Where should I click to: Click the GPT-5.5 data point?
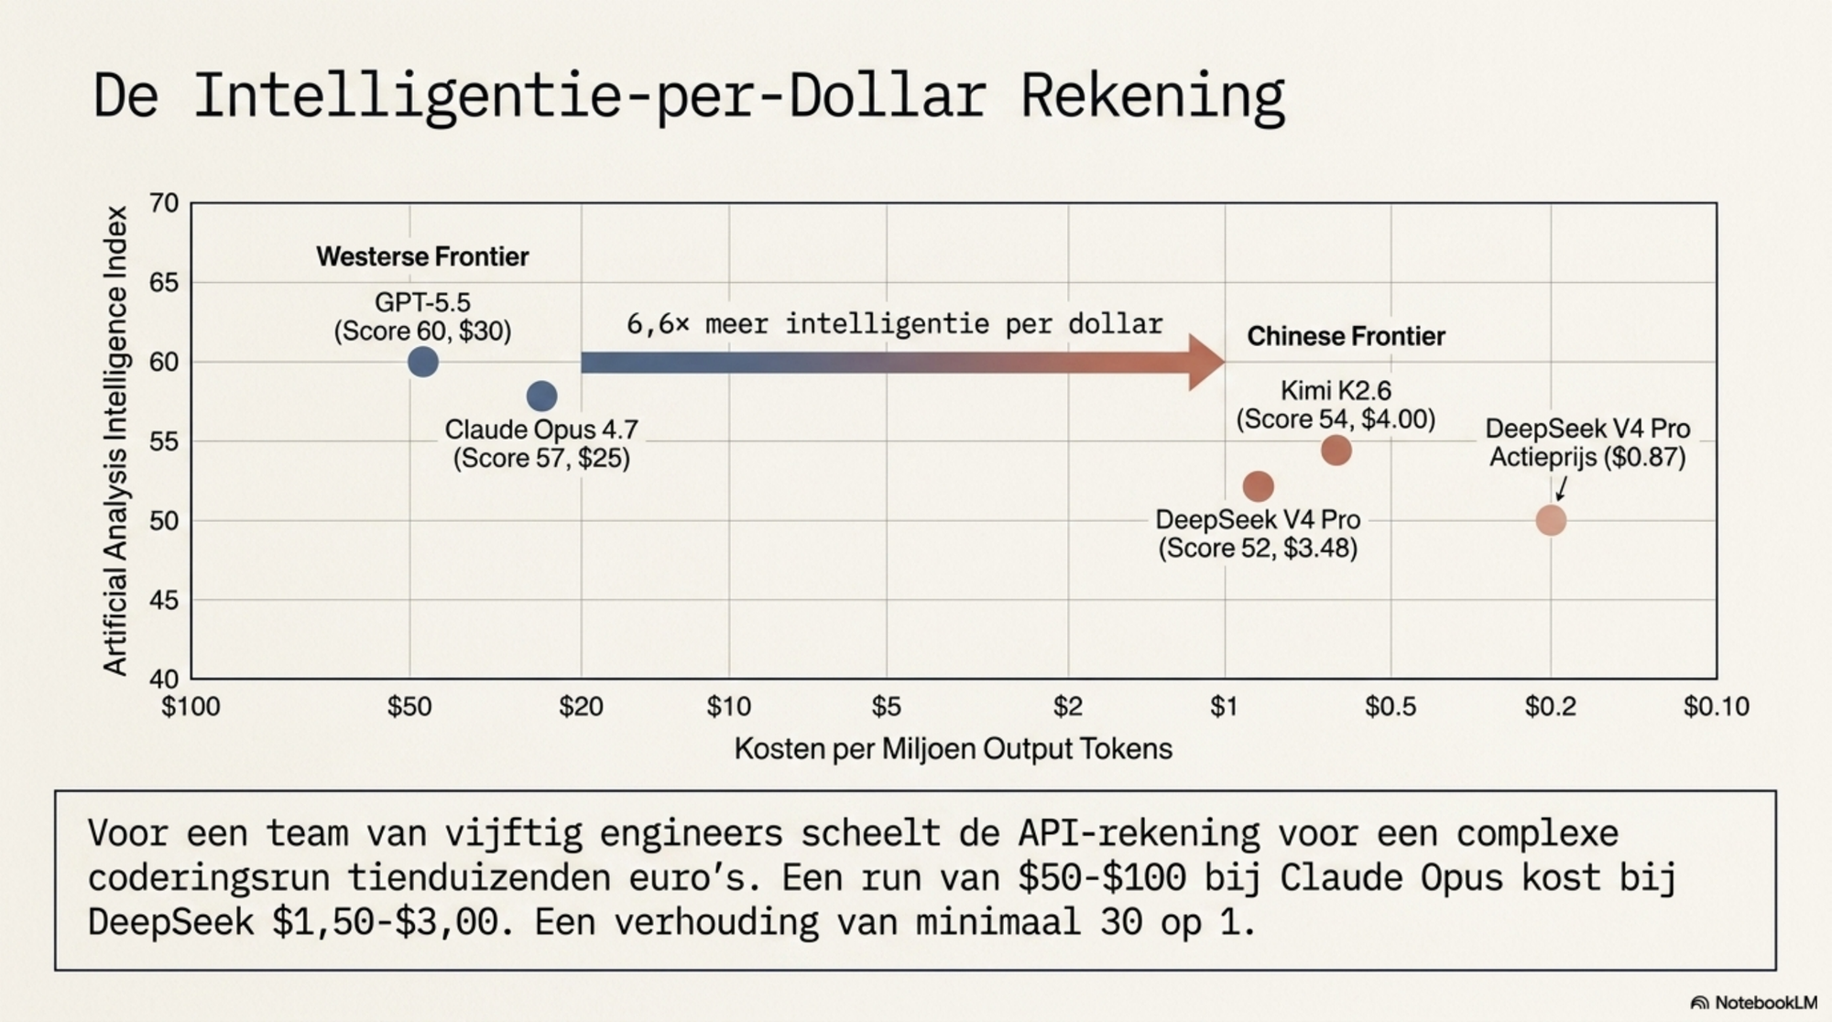pyautogui.click(x=422, y=362)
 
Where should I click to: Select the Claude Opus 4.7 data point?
pyautogui.click(x=541, y=396)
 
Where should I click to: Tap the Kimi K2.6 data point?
pyautogui.click(x=1336, y=450)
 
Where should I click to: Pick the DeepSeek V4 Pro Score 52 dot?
pyautogui.click(x=1258, y=485)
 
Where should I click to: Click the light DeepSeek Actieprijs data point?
pyautogui.click(x=1550, y=520)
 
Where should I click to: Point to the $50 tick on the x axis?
pyautogui.click(x=409, y=706)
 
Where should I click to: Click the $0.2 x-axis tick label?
pyautogui.click(x=1550, y=706)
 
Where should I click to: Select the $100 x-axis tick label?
pyautogui.click(x=191, y=706)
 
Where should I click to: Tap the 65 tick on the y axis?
pyautogui.click(x=164, y=282)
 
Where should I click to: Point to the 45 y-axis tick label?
pyautogui.click(x=164, y=600)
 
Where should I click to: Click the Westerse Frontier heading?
pyautogui.click(x=422, y=256)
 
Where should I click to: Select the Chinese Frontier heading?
pyautogui.click(x=1346, y=336)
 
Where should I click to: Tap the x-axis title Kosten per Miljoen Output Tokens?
pyautogui.click(x=953, y=749)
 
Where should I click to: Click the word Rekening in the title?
pyautogui.click(x=1152, y=95)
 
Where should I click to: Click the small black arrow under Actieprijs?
pyautogui.click(x=1561, y=488)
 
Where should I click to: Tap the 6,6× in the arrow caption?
pyautogui.click(x=658, y=324)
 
